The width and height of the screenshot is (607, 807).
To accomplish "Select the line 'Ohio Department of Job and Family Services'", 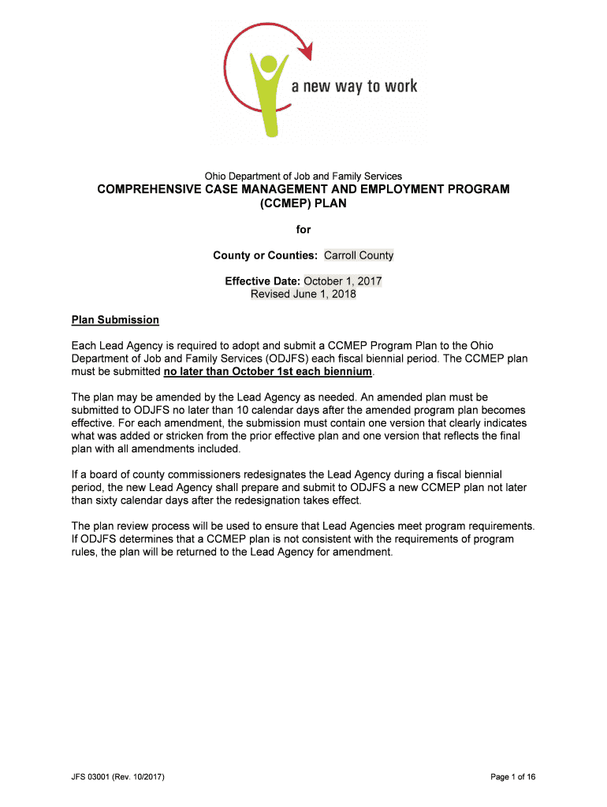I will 303,176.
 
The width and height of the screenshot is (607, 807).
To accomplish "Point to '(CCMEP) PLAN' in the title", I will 303,203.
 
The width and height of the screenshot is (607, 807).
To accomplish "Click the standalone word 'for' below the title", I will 303,229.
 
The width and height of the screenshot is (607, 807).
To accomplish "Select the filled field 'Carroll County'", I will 359,255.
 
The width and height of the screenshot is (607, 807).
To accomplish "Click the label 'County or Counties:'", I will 266,255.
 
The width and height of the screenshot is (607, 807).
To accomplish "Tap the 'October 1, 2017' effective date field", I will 343,281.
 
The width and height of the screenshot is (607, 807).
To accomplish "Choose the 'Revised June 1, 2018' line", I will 303,294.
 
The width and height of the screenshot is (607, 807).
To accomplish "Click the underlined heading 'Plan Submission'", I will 115,320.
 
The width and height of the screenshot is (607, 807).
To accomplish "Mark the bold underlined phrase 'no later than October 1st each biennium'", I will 267,371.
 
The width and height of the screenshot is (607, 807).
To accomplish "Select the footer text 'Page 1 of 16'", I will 512,777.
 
